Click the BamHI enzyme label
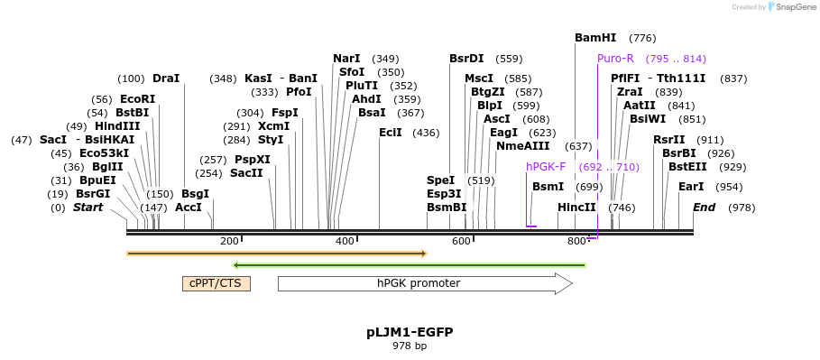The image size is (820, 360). [595, 38]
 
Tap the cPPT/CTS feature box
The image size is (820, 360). [217, 283]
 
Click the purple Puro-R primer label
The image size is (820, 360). [615, 59]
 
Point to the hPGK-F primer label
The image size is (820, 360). [546, 167]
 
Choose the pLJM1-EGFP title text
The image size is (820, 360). [410, 332]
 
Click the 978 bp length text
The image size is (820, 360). [410, 346]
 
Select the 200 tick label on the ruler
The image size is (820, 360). [229, 242]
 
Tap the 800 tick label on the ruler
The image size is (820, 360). [576, 242]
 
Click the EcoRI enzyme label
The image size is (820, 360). [137, 99]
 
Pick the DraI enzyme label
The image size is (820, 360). [166, 78]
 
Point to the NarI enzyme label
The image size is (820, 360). [346, 59]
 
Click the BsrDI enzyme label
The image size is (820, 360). [466, 59]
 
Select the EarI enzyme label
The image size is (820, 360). [691, 187]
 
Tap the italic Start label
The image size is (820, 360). [88, 208]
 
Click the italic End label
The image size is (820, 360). [704, 208]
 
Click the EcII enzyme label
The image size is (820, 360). [391, 133]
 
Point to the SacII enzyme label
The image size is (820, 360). [246, 173]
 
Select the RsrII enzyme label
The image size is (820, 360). [669, 140]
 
